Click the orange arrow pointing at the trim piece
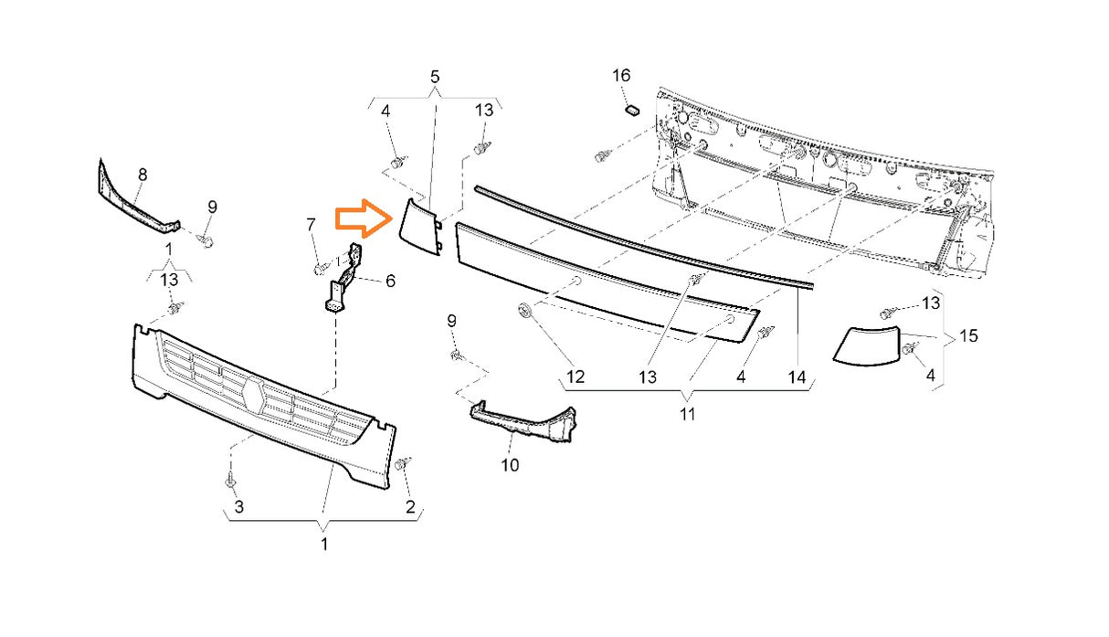(x=364, y=218)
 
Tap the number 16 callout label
(x=621, y=76)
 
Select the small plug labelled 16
(x=632, y=110)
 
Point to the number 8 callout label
(x=143, y=175)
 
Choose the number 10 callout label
(x=510, y=465)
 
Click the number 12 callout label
(x=576, y=377)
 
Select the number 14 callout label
(x=797, y=378)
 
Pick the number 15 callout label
(x=969, y=336)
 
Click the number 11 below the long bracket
(x=687, y=414)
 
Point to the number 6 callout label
(x=391, y=281)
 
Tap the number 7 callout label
(x=311, y=225)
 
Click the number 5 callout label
(x=435, y=77)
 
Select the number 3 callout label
(x=239, y=506)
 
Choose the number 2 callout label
(x=410, y=507)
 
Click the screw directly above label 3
(x=230, y=480)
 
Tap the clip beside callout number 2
(x=403, y=463)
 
